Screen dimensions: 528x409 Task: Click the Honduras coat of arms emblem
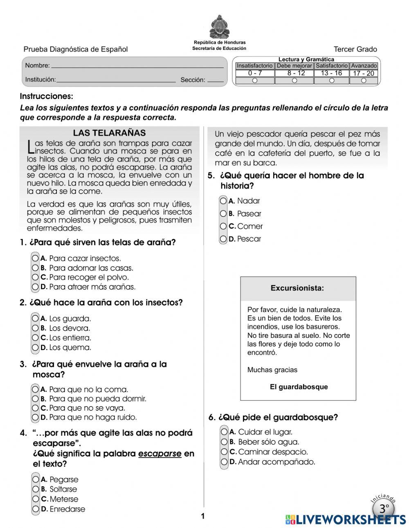(219, 27)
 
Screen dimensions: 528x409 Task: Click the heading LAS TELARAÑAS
(109, 133)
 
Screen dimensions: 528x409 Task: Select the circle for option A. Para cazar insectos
(35, 258)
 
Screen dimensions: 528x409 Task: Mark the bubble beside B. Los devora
(35, 328)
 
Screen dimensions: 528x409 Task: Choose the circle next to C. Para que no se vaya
(35, 408)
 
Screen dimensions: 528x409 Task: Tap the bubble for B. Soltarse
(36, 489)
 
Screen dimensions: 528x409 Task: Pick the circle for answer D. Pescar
(223, 239)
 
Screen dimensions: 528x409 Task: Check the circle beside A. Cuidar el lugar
(224, 432)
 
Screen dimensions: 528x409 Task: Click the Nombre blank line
(137, 66)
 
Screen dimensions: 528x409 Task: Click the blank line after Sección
(216, 80)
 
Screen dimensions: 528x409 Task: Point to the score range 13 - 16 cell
(331, 73)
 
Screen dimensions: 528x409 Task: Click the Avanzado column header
(364, 65)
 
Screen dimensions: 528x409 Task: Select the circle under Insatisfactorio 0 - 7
(255, 81)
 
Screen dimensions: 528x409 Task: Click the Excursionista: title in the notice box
(297, 288)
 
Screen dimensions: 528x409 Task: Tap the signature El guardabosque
(299, 387)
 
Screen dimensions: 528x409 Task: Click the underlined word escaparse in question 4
(160, 454)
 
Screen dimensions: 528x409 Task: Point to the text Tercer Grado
(355, 49)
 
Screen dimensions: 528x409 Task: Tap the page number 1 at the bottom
(203, 516)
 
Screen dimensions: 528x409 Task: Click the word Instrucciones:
(46, 97)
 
